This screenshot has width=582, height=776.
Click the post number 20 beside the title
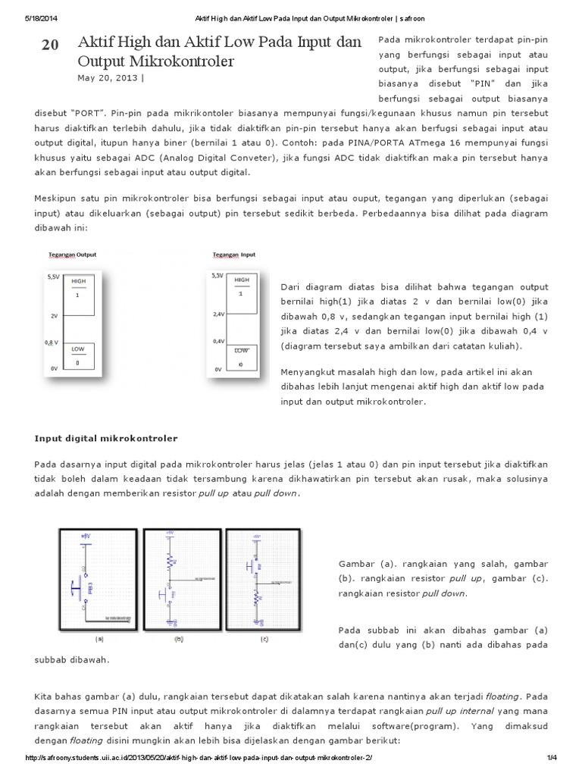tap(50, 45)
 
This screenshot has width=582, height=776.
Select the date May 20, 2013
tap(108, 77)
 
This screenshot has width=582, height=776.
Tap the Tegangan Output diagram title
tap(72, 255)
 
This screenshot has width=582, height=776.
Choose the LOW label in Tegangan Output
tap(79, 349)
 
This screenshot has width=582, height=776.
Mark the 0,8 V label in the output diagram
tap(52, 342)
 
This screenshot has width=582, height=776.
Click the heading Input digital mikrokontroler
tap(106, 438)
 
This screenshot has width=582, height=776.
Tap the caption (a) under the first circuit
tap(99, 639)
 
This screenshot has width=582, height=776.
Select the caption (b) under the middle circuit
tap(180, 639)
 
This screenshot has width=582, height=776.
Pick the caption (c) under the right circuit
tap(264, 639)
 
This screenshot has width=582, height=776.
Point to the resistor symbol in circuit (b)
tap(171, 560)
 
